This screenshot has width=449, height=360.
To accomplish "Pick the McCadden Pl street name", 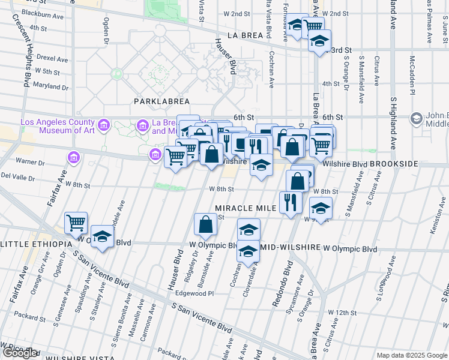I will (x=412, y=76).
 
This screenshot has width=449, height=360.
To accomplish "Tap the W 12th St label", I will (x=342, y=313).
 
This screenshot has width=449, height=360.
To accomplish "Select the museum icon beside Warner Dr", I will (x=74, y=158).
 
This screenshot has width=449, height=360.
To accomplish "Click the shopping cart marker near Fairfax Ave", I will (x=76, y=223).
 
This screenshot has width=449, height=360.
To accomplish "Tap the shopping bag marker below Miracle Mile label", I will (x=205, y=224).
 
